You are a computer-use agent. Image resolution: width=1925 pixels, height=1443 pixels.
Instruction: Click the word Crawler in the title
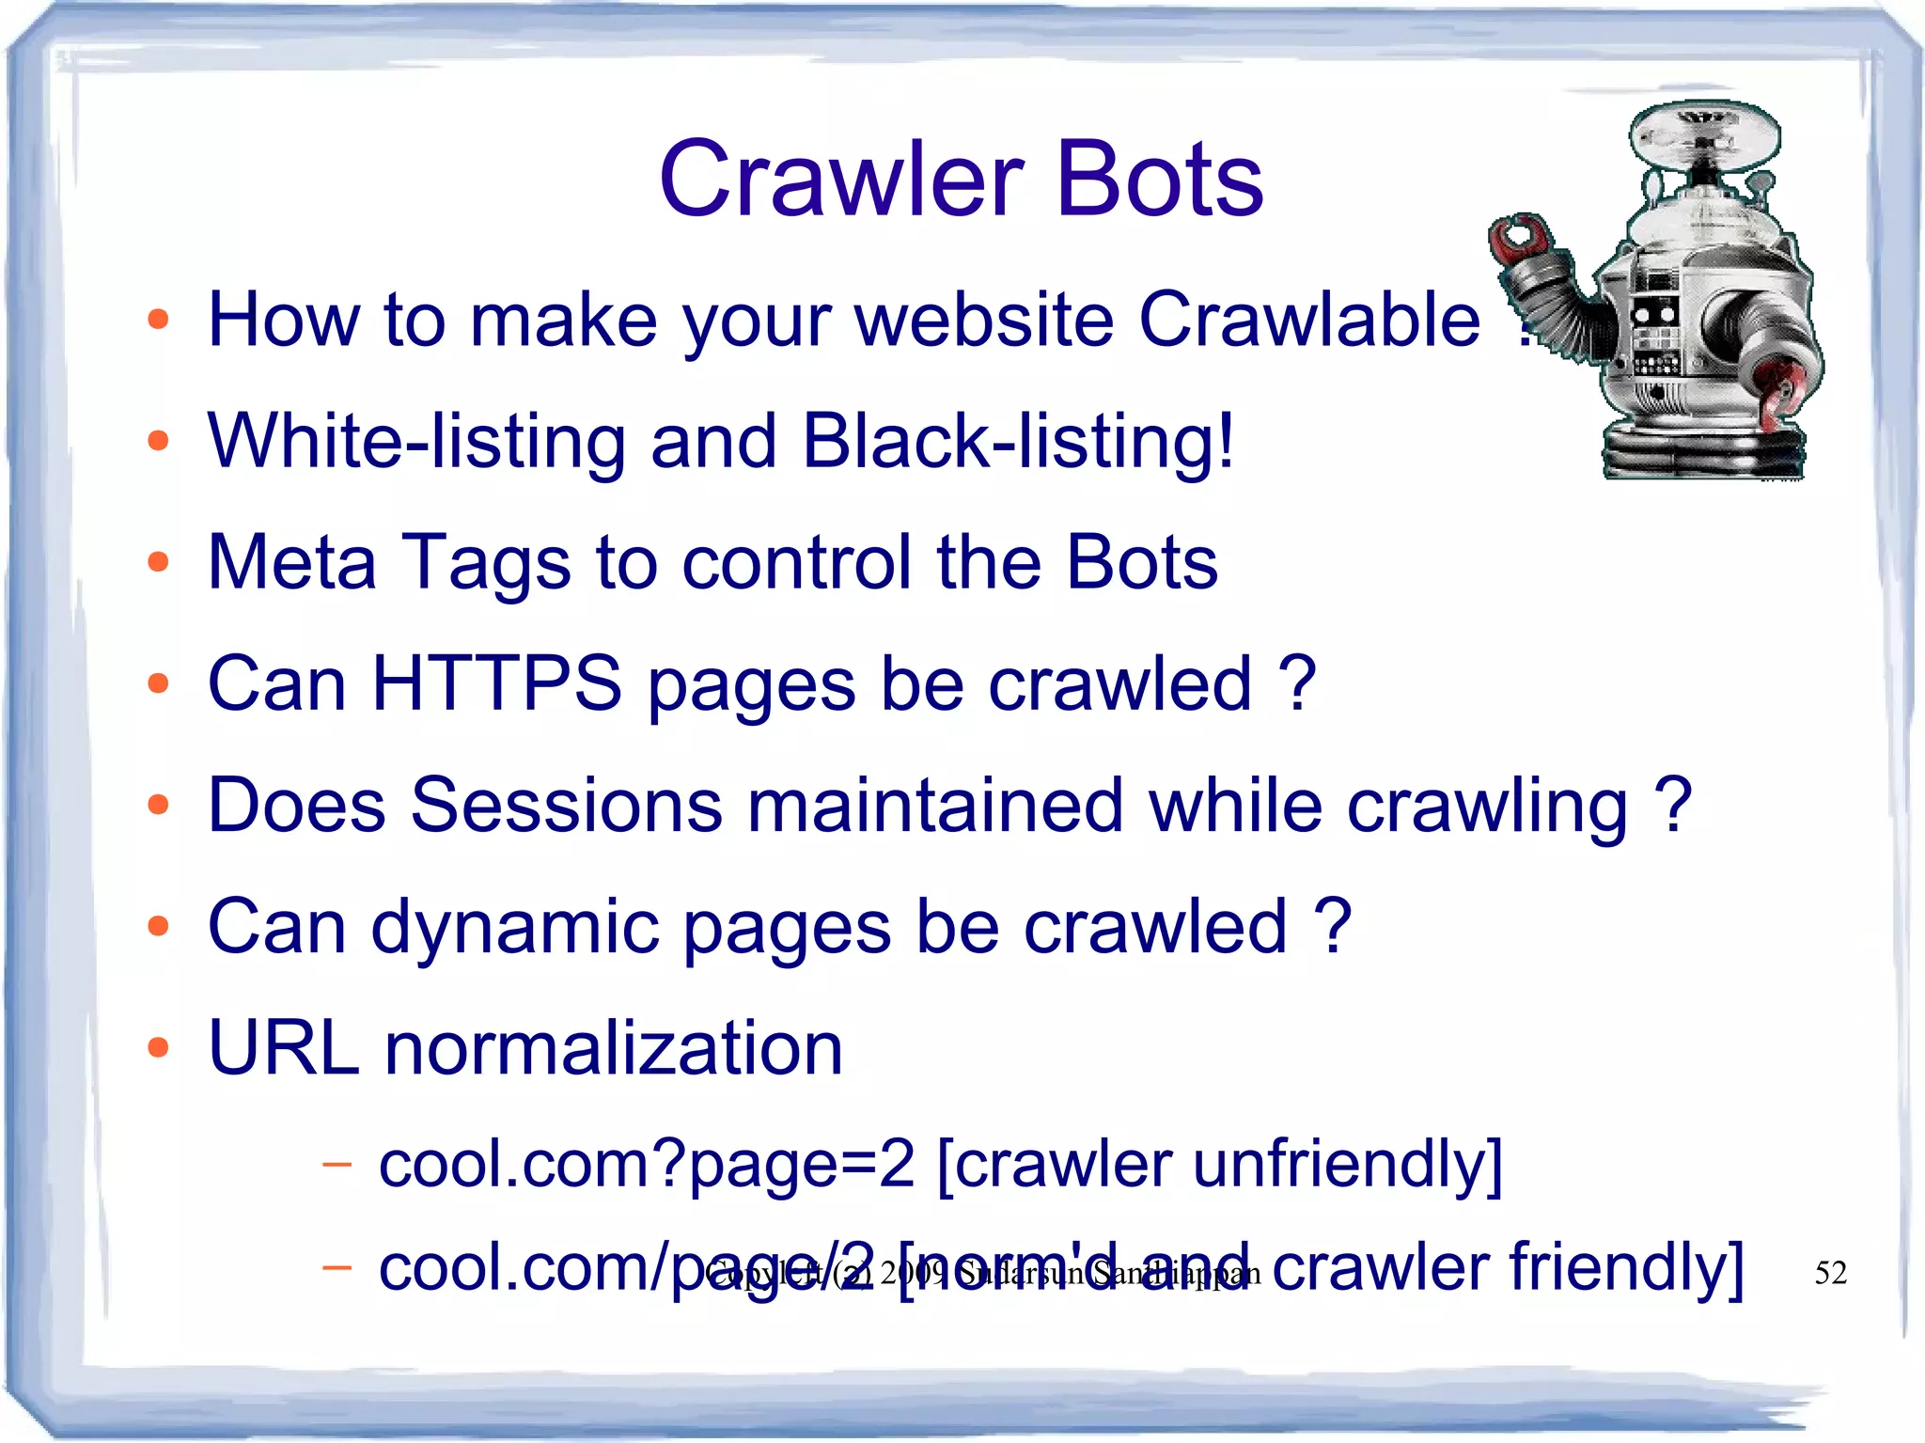click(x=841, y=180)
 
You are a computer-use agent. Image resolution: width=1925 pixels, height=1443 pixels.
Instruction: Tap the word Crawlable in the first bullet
click(x=1309, y=320)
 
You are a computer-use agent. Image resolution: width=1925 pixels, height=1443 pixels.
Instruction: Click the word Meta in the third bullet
click(x=291, y=561)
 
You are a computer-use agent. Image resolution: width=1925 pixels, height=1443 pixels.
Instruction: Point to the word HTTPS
click(x=496, y=683)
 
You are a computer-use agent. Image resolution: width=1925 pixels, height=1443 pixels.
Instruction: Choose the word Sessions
click(x=568, y=805)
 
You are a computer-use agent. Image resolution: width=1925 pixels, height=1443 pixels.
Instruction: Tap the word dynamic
click(x=515, y=927)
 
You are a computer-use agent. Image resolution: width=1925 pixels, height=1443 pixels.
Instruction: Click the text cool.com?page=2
click(x=647, y=1164)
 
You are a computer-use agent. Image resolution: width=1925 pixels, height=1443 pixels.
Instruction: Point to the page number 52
click(x=1830, y=1273)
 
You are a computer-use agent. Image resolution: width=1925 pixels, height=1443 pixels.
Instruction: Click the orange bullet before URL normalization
click(x=158, y=1047)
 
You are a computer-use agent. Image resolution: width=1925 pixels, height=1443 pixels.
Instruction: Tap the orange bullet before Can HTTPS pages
click(x=158, y=683)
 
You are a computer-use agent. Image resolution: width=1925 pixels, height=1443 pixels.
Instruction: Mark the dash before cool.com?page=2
click(x=336, y=1165)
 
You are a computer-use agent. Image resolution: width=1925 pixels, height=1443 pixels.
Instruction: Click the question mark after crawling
click(x=1673, y=805)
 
